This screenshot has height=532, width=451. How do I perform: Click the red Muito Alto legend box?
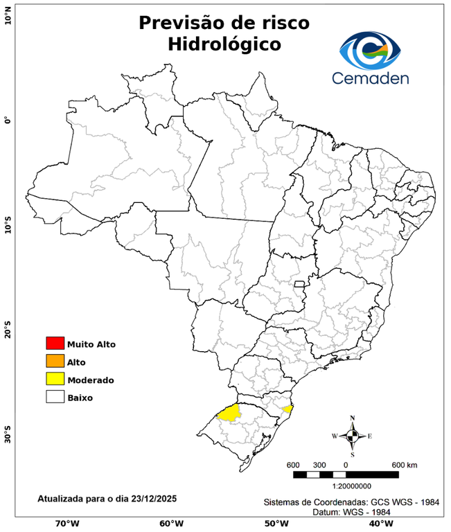[x=55, y=343]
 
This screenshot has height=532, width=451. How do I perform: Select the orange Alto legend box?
[x=55, y=361]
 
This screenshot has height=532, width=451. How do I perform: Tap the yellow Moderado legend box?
[x=55, y=379]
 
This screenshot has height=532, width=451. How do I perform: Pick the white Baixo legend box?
[x=55, y=397]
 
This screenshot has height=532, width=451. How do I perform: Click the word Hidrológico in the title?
[x=224, y=45]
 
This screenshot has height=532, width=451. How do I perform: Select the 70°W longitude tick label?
[x=67, y=524]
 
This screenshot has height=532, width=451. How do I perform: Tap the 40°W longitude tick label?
[x=380, y=524]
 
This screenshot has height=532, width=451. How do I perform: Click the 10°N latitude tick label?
[x=8, y=15]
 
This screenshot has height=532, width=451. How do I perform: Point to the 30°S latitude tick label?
[x=8, y=438]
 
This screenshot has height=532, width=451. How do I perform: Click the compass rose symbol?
[x=352, y=436]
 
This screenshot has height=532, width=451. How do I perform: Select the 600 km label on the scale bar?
[x=404, y=464]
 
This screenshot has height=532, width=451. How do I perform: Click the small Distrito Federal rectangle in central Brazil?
[x=300, y=284]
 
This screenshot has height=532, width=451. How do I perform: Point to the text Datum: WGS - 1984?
[x=346, y=511]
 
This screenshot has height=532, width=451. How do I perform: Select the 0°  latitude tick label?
[x=8, y=121]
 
